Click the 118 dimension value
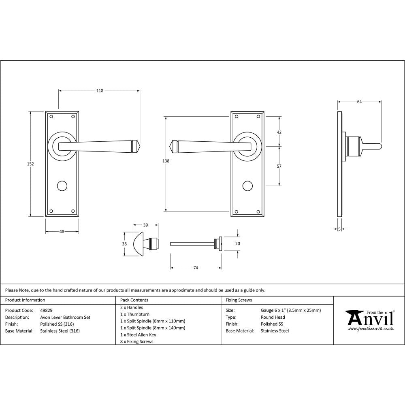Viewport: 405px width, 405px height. (100, 91)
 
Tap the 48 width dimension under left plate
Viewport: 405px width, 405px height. (62, 232)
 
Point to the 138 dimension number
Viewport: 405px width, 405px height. (165, 161)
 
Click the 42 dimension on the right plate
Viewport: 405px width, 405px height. (279, 132)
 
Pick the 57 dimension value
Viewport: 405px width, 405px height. (279, 166)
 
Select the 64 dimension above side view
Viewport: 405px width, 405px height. (359, 102)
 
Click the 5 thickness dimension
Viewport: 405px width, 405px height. (339, 229)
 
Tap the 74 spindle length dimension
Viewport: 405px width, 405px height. (196, 268)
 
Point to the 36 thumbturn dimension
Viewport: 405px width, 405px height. (124, 244)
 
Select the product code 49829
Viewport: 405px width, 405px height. (47, 310)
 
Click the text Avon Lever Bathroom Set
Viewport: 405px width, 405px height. (65, 317)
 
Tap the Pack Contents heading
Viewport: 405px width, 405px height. (134, 300)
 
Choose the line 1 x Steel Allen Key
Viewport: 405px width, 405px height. (138, 335)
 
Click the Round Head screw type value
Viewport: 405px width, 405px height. (273, 317)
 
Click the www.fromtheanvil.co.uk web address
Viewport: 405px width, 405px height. (371, 329)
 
